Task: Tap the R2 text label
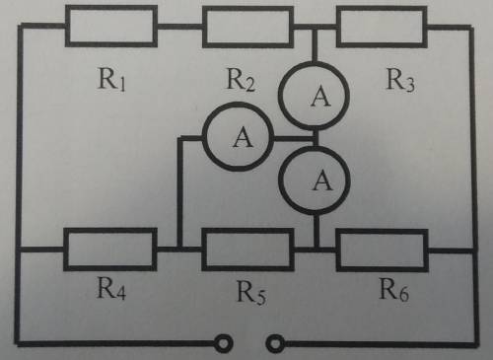[x=241, y=80]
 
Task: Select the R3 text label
[x=400, y=80]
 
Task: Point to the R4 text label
[x=111, y=288]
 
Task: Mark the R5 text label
[x=251, y=292]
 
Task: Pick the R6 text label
[x=393, y=289]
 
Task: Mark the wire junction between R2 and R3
[x=315, y=27]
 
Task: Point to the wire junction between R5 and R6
[x=317, y=250]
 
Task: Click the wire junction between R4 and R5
[x=180, y=249]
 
